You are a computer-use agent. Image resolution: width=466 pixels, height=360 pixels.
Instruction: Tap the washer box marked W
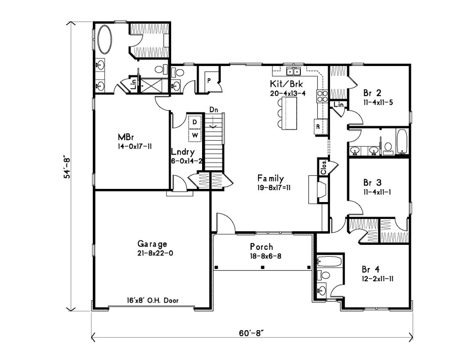coord(195,136)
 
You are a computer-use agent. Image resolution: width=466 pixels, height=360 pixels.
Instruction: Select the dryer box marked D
coord(195,122)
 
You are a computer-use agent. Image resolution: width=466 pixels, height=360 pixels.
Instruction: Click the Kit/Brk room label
coord(286,84)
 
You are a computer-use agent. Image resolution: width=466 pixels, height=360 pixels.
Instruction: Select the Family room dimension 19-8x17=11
coord(274,188)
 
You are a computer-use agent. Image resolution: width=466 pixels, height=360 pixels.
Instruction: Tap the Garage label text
coord(152,244)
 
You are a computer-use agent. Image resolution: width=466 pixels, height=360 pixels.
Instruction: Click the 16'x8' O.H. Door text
coord(153,300)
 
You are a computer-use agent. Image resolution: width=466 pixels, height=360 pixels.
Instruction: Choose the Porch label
coord(261,247)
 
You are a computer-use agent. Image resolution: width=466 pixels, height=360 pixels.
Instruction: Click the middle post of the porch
coord(263,268)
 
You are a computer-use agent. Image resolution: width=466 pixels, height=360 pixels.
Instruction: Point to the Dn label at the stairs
coord(213,109)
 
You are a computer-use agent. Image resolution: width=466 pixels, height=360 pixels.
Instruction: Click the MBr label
coord(126,137)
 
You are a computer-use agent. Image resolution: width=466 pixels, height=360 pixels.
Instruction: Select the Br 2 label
coord(372,93)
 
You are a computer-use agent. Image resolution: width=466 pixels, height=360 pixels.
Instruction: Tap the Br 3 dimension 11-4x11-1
coord(377,192)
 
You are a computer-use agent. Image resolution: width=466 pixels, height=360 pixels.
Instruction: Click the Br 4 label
coord(370,269)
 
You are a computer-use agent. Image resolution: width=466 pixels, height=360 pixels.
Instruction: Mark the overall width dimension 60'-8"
coord(251,333)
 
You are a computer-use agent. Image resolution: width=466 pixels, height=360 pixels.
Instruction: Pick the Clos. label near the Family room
coord(324,167)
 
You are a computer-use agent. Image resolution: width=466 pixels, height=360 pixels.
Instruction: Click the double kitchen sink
coord(294,71)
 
